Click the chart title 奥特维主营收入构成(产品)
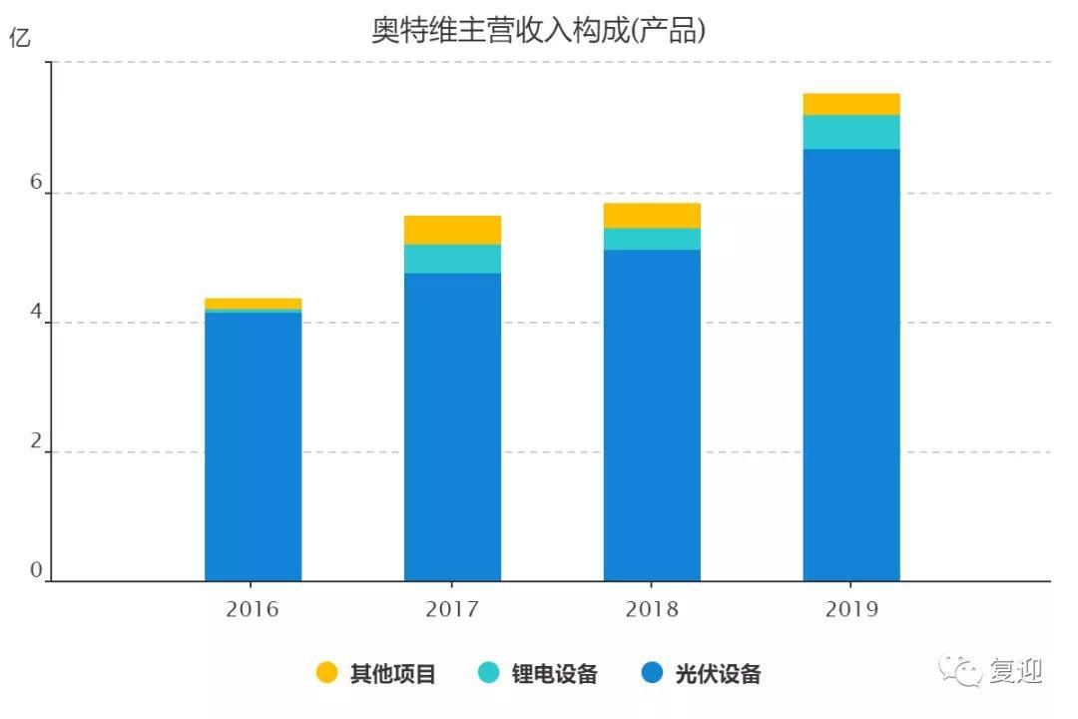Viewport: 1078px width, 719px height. pos(538,30)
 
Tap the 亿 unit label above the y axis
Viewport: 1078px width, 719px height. pos(20,37)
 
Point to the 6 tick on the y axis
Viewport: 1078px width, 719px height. pos(37,182)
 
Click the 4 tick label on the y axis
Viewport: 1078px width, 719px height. pos(37,312)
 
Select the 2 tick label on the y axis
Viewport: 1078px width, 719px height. pos(37,441)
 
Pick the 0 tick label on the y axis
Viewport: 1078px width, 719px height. pos(37,569)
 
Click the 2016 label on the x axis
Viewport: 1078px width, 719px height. pos(253,609)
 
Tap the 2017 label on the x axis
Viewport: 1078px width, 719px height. pos(452,609)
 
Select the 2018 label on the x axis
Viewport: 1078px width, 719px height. pos(652,609)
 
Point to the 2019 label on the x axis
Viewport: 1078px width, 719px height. pos(851,609)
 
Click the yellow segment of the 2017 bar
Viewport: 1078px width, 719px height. pos(452,230)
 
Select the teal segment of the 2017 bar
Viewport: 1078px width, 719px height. pos(452,259)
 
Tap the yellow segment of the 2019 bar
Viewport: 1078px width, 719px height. pos(851,104)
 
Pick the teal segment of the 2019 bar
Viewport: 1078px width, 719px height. pos(851,132)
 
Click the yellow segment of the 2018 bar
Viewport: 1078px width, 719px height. pos(653,216)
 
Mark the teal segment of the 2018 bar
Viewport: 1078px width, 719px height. pos(653,239)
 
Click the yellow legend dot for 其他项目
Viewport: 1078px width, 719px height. pos(326,672)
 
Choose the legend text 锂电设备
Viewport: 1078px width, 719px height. pos(554,674)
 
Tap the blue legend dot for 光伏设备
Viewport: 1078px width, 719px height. pos(652,672)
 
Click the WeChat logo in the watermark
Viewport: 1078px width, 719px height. pos(961,670)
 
